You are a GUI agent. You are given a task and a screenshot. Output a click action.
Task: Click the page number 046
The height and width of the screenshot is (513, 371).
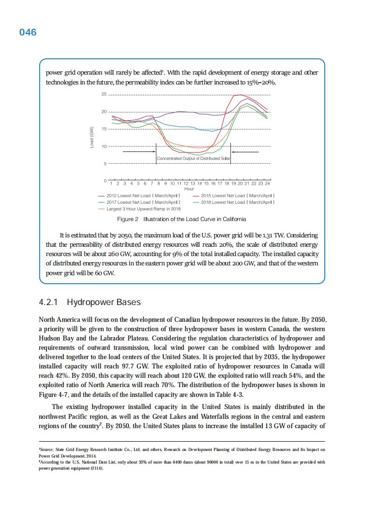(x=28, y=32)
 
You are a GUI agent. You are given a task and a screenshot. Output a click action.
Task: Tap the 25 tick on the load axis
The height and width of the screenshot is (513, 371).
(x=104, y=95)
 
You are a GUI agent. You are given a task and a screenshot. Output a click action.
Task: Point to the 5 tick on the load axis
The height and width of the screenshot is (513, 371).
(x=105, y=164)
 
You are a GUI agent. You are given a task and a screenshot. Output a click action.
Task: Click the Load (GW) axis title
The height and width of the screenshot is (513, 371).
(x=92, y=138)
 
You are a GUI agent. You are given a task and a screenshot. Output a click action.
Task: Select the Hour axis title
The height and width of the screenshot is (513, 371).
(x=189, y=189)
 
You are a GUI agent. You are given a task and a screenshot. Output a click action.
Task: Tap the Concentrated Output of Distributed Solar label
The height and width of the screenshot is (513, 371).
(x=193, y=159)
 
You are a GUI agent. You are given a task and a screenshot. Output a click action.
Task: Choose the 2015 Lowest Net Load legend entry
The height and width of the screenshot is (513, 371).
(x=237, y=195)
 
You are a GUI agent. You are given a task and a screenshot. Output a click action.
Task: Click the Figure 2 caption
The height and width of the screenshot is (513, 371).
(x=181, y=219)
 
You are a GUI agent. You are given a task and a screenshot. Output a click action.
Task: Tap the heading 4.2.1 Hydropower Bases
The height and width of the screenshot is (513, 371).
(x=90, y=302)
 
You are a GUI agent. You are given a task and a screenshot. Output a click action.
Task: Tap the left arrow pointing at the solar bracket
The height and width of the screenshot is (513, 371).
(x=139, y=152)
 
